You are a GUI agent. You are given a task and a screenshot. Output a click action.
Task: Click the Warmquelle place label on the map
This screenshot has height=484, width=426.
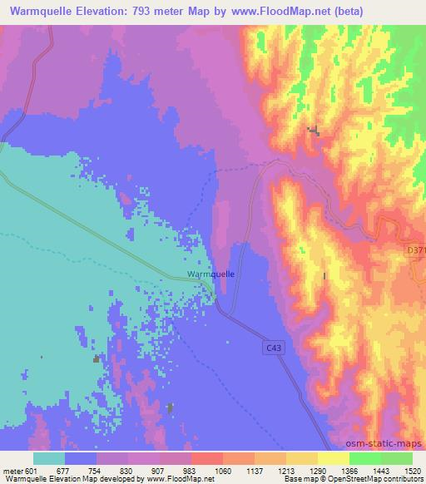click(211, 274)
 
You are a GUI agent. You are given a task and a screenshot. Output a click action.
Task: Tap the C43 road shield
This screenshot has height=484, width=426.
click(275, 348)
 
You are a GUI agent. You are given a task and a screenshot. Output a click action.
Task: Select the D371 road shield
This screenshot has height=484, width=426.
click(416, 249)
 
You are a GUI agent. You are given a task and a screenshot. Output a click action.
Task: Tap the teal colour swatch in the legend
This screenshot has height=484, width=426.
click(49, 457)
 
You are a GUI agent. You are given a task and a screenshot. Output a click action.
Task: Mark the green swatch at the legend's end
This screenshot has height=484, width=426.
click(397, 457)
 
